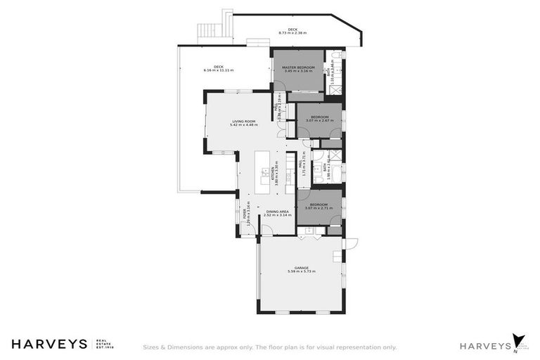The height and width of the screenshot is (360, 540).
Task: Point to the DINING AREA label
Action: pos(278,211)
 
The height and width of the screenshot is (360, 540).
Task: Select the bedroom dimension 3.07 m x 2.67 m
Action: pos(319,120)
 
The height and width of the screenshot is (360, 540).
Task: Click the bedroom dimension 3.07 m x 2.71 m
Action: pos(319,208)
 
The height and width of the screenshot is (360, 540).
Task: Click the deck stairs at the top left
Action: pos(205,32)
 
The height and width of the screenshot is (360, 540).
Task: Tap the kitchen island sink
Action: pos(256,171)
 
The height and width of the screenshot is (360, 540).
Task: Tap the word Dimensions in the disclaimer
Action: pos(181,347)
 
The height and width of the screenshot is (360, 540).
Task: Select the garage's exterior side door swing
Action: pos(352,243)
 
